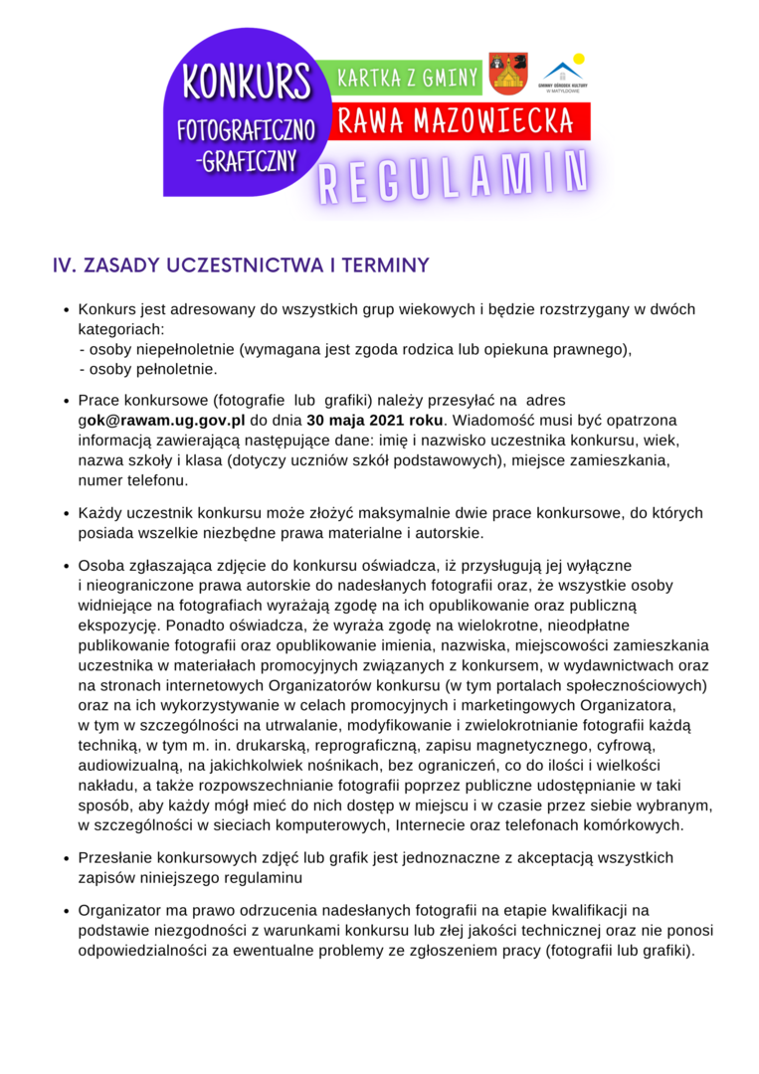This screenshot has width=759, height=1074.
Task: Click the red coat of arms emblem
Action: coord(508,74)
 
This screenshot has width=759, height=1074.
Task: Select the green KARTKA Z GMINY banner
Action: coord(409,78)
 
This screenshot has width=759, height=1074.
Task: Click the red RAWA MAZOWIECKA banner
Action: coord(457,121)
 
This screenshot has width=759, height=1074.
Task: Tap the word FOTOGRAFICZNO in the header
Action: coord(246,130)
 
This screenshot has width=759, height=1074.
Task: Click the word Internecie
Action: coord(432,824)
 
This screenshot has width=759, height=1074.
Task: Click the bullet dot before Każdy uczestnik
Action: coord(66,514)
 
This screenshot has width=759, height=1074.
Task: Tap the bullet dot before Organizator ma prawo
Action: coord(66,911)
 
